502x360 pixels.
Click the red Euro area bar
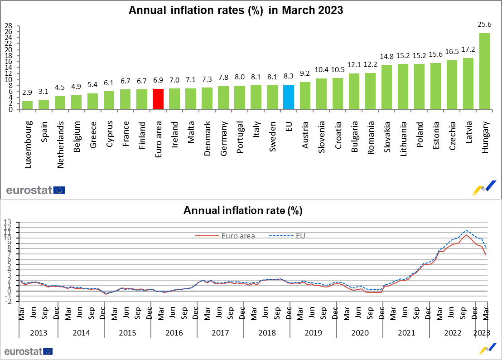[x=158, y=99]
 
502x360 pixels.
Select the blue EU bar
[x=289, y=97]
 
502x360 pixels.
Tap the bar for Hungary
[x=484, y=71]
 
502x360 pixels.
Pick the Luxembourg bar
[x=28, y=105]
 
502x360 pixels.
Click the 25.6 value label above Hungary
[x=484, y=24]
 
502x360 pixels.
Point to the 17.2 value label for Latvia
[x=468, y=49]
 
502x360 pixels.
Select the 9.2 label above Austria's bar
[x=305, y=73]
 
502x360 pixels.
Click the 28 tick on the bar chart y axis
[x=9, y=26]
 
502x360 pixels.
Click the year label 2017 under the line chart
[x=220, y=333]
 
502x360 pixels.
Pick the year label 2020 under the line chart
[x=360, y=333]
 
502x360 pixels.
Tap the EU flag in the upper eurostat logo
[x=59, y=190]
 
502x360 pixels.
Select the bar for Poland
[x=419, y=87]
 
